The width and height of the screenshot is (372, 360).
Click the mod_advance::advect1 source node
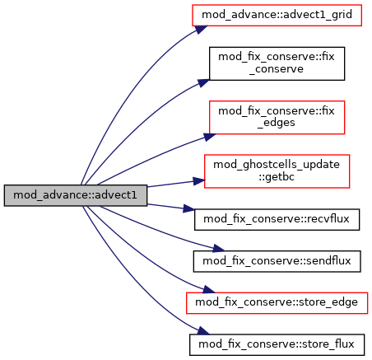tap(76, 195)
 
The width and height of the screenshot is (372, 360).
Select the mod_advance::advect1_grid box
tap(277, 15)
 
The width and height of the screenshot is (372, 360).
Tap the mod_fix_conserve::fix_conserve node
tap(277, 63)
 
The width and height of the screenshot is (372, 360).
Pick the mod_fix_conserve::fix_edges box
tap(277, 117)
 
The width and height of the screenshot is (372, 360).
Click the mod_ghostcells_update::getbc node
tap(277, 171)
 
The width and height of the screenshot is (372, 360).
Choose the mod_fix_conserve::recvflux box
tap(277, 219)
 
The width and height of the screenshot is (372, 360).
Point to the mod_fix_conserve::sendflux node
tap(277, 261)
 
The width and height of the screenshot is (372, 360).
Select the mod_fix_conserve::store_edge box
tap(277, 303)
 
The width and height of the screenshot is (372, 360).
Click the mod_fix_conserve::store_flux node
tap(277, 344)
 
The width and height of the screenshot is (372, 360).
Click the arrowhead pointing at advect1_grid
tap(201, 29)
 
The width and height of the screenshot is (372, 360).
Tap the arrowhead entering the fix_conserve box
tap(203, 82)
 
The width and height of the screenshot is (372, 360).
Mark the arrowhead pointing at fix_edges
tap(210, 137)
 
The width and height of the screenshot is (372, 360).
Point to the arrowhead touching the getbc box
tap(199, 180)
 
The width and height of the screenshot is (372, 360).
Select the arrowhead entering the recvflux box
tap(188, 208)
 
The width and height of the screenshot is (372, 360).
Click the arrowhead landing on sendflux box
tap(219, 249)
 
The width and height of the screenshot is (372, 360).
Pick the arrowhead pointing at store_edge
tap(209, 290)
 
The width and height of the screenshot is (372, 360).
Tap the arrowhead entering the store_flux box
tap(203, 331)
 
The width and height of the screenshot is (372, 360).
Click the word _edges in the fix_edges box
tap(277, 123)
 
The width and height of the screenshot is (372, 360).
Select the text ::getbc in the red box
tap(277, 176)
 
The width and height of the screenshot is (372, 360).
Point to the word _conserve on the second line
tap(277, 69)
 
